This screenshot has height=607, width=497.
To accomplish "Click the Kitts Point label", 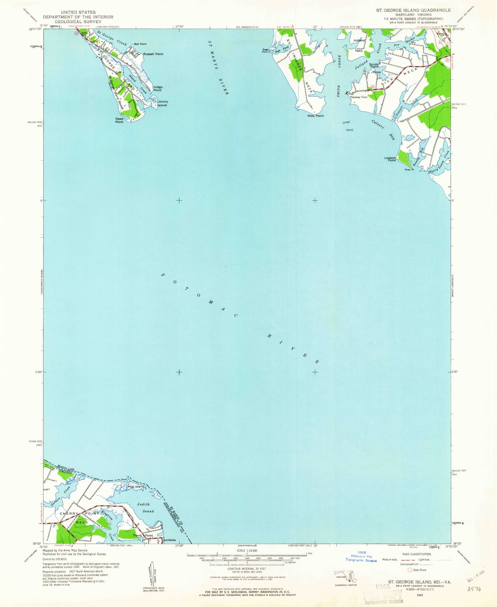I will click(x=315, y=116).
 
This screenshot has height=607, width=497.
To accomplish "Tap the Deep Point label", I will click(x=119, y=120).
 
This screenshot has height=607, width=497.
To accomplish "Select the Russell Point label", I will click(x=153, y=54).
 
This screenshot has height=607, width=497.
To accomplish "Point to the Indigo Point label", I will click(x=158, y=89).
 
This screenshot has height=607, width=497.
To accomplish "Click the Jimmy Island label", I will click(x=162, y=103).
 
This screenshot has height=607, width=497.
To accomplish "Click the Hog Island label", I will click(x=136, y=487).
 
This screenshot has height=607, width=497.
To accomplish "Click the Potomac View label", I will click(x=359, y=97).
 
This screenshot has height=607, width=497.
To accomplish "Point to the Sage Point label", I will click(x=265, y=51).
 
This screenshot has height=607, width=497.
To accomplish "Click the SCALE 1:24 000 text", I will click(x=247, y=550).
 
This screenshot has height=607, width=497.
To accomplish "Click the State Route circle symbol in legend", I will click(x=409, y=570).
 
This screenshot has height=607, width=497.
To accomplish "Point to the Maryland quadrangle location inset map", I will click(x=346, y=576).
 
